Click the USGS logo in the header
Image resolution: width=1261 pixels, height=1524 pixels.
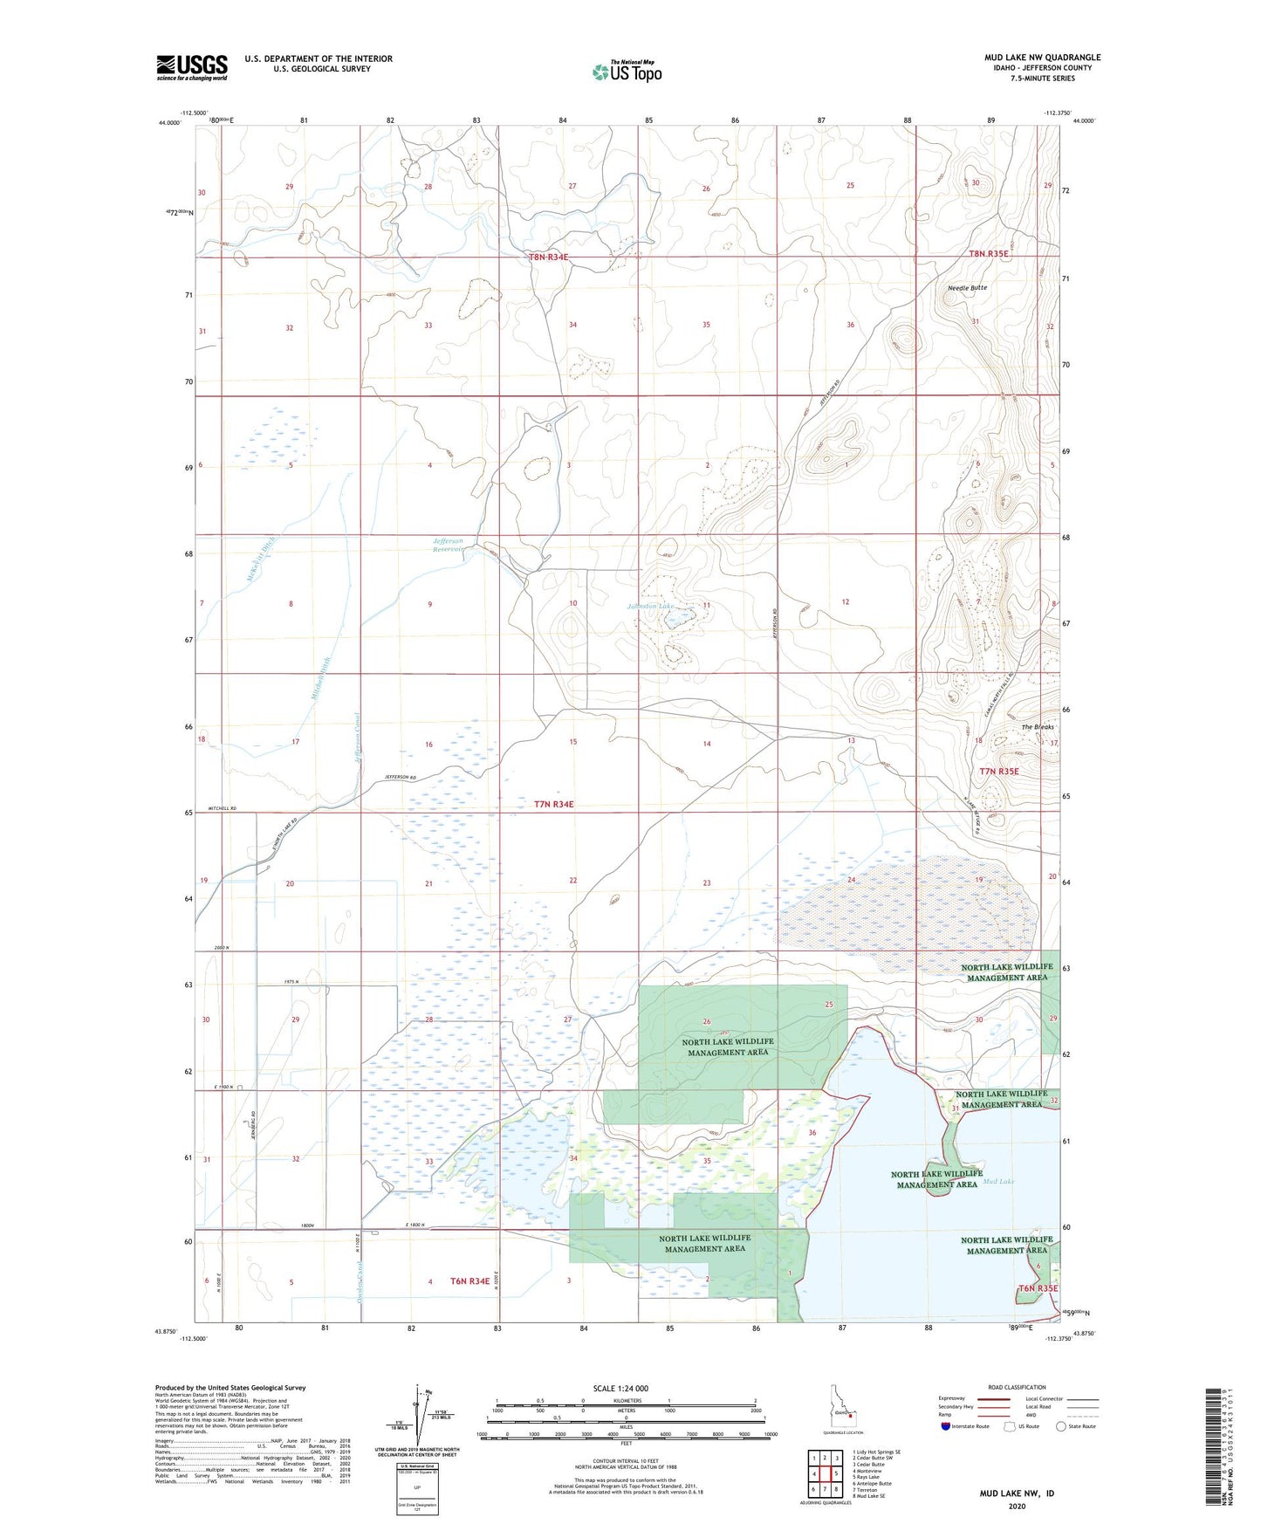pos(192,67)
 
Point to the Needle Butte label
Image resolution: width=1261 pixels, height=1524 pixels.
pos(967,288)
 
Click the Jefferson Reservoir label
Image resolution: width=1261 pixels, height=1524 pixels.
pos(454,546)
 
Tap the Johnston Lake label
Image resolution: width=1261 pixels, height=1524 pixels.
pos(650,606)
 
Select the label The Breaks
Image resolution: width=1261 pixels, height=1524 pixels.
pos(1038,726)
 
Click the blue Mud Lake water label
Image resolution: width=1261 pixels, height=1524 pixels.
pos(998,1181)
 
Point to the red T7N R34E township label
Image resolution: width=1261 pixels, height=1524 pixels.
pos(553,804)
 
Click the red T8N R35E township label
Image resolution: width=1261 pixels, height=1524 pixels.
pos(988,254)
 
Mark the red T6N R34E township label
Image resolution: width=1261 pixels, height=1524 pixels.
pos(469,1281)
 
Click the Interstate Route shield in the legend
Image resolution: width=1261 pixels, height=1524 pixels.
pos(946,1451)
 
